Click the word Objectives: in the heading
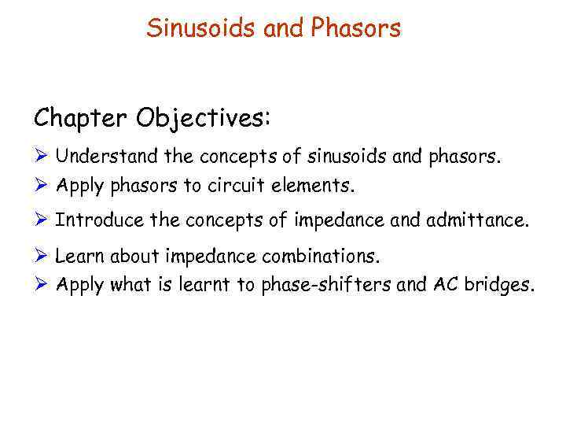[x=204, y=119]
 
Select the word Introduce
[x=99, y=221]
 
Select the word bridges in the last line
[x=499, y=286]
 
